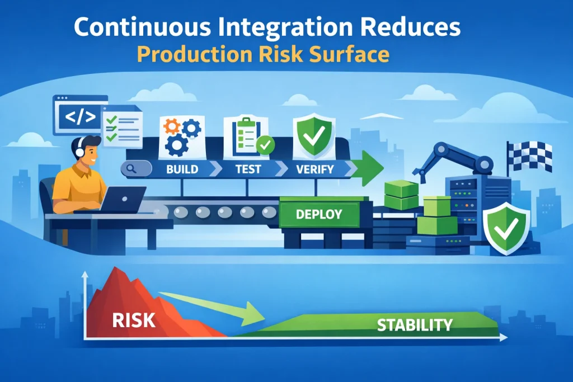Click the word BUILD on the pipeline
(x=182, y=168)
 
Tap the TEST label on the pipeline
(x=247, y=168)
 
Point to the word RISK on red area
(x=134, y=320)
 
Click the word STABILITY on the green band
(x=415, y=324)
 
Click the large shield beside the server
(x=506, y=229)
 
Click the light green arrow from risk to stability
(x=213, y=305)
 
